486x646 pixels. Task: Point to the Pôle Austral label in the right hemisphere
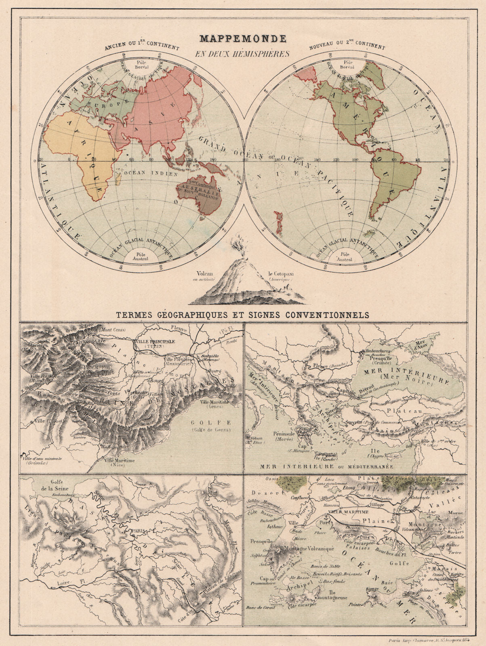(345, 257)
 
